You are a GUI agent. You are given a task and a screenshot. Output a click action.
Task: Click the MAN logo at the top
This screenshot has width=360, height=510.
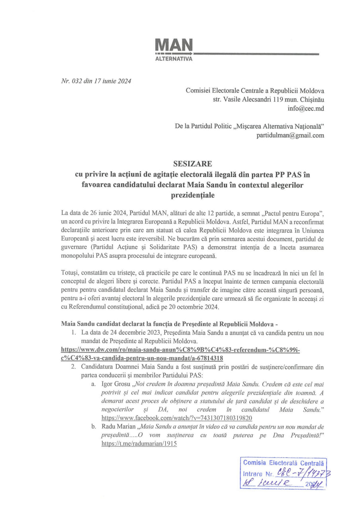(x=173, y=45)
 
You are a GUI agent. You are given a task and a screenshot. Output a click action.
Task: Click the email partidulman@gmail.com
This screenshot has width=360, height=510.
(x=290, y=135)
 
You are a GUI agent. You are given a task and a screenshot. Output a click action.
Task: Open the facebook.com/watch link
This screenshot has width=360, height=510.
(x=177, y=418)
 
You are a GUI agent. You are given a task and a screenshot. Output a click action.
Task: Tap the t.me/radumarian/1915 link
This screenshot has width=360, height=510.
(x=139, y=443)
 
